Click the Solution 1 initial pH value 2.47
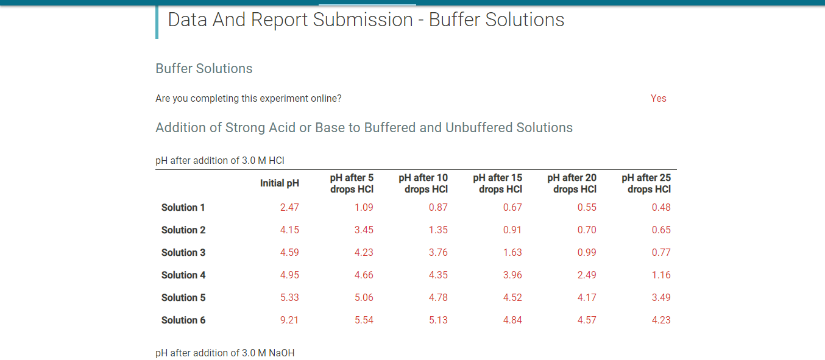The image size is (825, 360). click(289, 207)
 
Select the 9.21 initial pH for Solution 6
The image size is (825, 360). click(289, 320)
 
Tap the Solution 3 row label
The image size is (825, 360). click(183, 252)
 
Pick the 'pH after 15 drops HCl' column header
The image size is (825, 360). click(498, 183)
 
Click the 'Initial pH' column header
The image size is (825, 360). click(280, 183)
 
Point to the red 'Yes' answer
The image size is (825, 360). click(658, 98)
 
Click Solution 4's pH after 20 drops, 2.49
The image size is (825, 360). click(587, 275)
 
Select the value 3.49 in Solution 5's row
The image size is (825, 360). click(661, 297)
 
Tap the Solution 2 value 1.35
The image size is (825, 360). click(438, 230)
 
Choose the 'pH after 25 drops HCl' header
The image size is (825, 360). click(646, 183)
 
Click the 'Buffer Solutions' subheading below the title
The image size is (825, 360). click(204, 68)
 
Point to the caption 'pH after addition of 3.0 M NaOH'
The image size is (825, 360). click(225, 353)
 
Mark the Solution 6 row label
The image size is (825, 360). click(183, 320)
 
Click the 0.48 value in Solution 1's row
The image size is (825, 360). click(661, 207)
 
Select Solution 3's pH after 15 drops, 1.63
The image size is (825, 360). click(512, 252)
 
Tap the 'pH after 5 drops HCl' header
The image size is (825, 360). click(352, 183)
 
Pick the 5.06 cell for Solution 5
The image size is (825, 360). click(364, 297)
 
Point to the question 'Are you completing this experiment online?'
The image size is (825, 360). click(249, 98)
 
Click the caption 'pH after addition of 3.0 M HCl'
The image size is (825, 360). click(220, 161)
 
